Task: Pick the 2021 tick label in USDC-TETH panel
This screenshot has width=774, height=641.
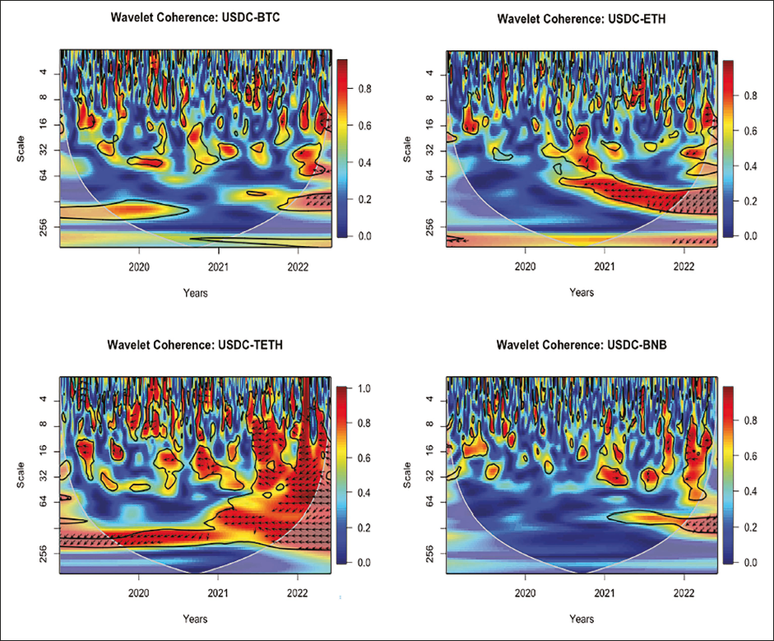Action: pos(218,590)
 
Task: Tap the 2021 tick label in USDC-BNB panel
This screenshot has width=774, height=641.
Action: pos(605,590)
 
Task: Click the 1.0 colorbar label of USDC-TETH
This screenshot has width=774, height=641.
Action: pos(363,388)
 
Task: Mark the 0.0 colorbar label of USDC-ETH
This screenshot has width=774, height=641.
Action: pos(749,236)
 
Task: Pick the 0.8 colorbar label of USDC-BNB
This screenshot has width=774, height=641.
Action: pos(749,421)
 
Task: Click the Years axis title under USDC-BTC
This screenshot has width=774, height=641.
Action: pos(195,292)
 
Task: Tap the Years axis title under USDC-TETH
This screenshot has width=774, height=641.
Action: pos(195,616)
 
